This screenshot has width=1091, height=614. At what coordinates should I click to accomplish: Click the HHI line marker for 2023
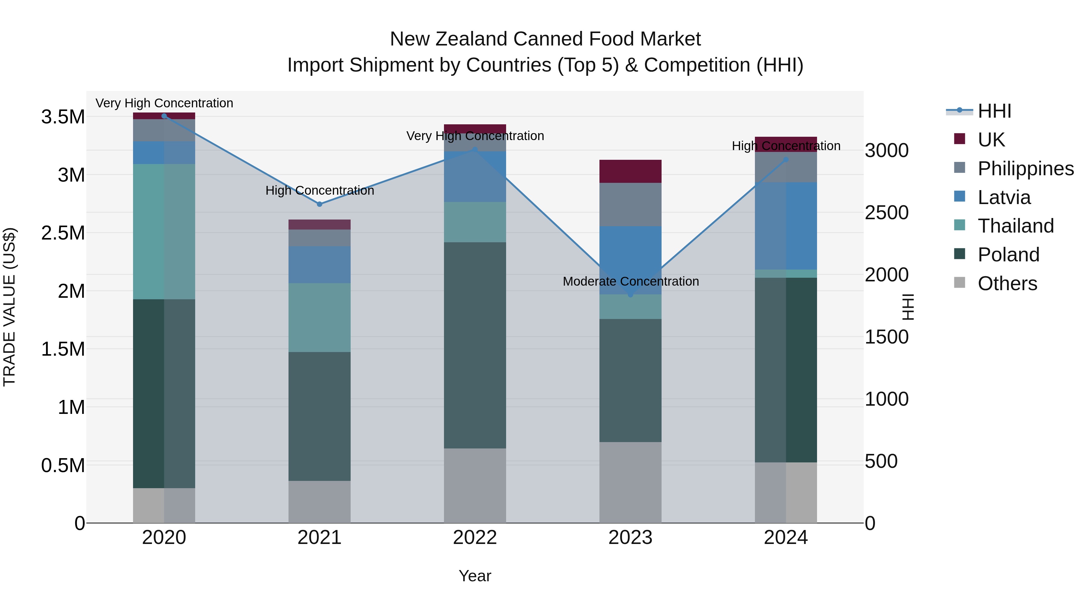[630, 294]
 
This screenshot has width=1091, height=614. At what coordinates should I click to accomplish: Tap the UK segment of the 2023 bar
[630, 171]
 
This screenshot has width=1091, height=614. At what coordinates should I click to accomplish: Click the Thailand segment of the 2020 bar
[164, 231]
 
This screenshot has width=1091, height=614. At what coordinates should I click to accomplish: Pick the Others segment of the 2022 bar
[475, 486]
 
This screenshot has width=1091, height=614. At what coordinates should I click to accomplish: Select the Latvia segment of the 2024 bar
[786, 226]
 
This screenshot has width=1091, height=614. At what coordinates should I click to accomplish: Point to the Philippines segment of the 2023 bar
[630, 204]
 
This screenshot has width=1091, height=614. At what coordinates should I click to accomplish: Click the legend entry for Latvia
[1004, 197]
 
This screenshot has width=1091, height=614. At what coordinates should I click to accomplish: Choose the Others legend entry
[1007, 284]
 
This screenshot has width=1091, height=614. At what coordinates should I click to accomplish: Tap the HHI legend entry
[994, 111]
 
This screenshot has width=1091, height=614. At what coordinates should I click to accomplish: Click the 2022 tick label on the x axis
[475, 538]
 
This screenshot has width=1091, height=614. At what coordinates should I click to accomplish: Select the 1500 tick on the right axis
[886, 337]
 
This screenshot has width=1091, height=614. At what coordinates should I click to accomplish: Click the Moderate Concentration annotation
[631, 281]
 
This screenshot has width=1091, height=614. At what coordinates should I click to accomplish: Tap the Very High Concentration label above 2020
[164, 103]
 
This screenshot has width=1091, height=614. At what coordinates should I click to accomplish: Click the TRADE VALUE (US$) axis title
[9, 307]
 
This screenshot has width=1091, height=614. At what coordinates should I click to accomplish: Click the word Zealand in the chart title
[472, 39]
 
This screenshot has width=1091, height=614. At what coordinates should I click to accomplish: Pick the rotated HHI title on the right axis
[908, 307]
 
